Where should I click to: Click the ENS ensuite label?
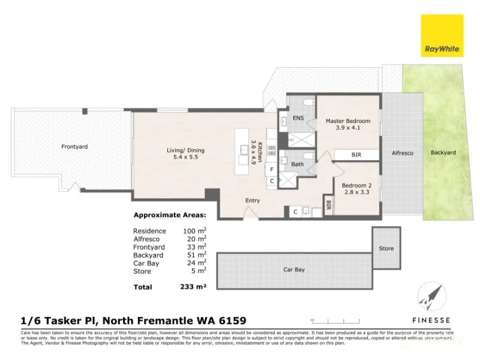(x=298, y=118)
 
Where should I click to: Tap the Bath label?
(x=298, y=163)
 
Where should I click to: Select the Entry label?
(x=253, y=200)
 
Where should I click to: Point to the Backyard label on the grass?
(x=443, y=152)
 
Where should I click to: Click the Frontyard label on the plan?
(x=74, y=146)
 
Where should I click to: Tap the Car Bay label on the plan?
(x=294, y=270)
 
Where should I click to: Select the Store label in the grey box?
(x=386, y=248)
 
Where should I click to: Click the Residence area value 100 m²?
(x=194, y=230)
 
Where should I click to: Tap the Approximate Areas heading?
(x=169, y=215)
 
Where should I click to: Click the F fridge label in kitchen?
(x=272, y=170)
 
